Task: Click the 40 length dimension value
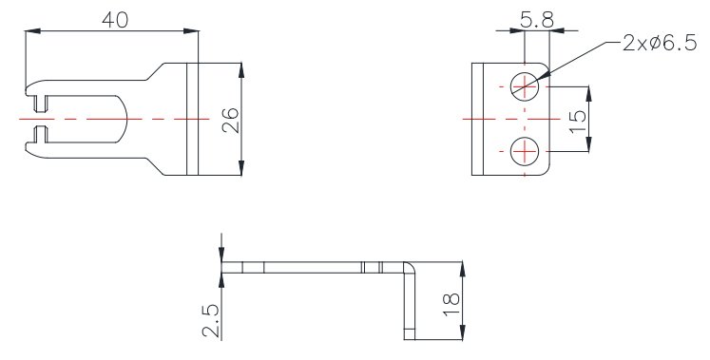[x=115, y=20]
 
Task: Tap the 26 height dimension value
[x=231, y=120]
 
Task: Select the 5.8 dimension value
[x=537, y=20]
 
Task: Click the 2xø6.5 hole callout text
[x=660, y=44]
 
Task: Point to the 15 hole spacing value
[x=578, y=122]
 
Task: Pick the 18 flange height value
[x=451, y=304]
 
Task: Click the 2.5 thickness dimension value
[x=211, y=321]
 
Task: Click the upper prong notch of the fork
[x=40, y=104]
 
